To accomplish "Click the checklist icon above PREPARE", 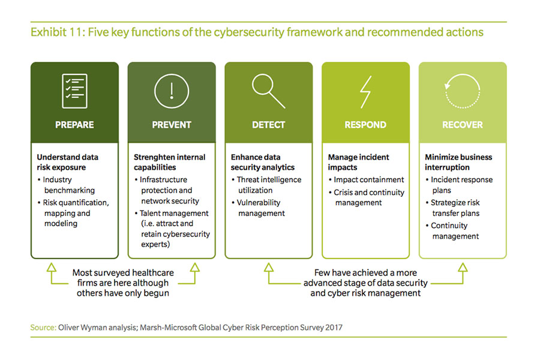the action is point(74,91).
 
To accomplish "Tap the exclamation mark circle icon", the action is point(172,91).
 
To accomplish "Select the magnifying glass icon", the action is point(269,91).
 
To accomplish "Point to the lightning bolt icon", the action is point(366,92).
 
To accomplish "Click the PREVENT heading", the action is point(172,125).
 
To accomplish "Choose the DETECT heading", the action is point(269,125).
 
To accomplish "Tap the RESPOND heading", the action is point(365,125).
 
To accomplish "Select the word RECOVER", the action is point(463,125).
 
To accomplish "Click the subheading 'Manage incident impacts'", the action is point(358,162).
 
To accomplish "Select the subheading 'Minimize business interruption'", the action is point(458,162).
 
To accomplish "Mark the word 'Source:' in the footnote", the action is point(43,327).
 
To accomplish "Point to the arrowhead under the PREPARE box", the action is point(52,268).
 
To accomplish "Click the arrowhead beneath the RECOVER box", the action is point(463,268).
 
